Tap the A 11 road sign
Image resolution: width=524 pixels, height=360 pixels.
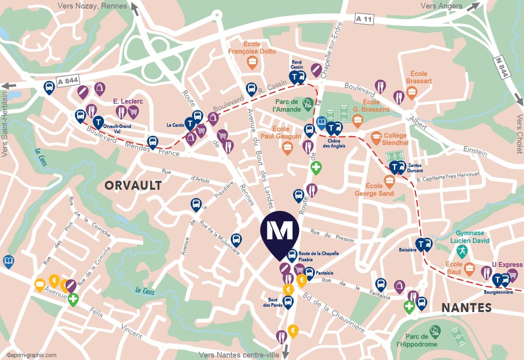[x=364, y=19]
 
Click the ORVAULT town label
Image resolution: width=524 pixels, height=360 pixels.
[x=133, y=186]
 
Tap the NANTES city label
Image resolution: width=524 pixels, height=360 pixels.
[x=466, y=308]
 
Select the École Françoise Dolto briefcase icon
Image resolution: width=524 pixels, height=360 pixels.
[x=252, y=62]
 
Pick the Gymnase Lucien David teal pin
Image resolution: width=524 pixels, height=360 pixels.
[x=462, y=251]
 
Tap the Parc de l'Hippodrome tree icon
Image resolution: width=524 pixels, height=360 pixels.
[x=435, y=331]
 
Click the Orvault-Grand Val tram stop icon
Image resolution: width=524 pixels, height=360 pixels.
[x=98, y=121]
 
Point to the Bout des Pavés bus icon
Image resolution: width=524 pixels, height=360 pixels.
[x=288, y=302]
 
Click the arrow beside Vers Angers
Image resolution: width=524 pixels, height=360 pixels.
[x=472, y=7]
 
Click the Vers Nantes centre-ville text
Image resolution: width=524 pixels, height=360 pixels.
[x=239, y=355]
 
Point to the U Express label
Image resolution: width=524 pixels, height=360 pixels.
[x=507, y=265]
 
